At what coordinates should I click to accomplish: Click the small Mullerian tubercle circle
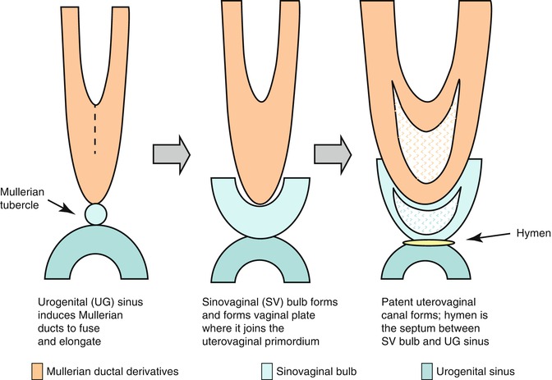point(95,213)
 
